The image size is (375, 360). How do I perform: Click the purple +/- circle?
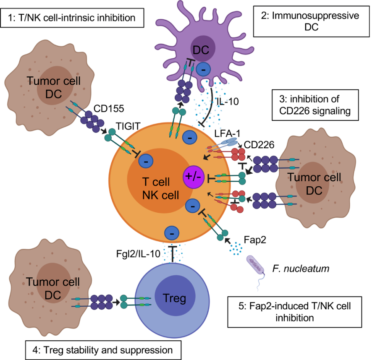[194, 177]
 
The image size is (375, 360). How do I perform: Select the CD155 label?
[109, 109]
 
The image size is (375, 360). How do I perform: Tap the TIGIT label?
[128, 126]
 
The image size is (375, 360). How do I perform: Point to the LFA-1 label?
[227, 133]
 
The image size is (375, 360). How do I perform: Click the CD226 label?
[259, 144]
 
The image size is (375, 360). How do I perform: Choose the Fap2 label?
[255, 240]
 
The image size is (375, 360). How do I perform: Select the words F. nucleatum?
[301, 269]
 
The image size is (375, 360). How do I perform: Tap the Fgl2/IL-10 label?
[138, 254]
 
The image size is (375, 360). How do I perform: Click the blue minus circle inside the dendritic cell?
[203, 70]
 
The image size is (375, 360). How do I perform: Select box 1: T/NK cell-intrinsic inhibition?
[72, 18]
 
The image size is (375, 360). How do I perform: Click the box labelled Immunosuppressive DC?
[312, 21]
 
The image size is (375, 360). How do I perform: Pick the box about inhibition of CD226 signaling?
[315, 105]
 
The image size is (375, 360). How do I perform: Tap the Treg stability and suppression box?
[103, 350]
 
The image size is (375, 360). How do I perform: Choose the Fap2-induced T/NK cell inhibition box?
[295, 312]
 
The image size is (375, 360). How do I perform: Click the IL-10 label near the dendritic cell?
[228, 102]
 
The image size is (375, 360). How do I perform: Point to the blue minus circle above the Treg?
[172, 233]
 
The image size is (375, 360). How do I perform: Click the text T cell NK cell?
[160, 189]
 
